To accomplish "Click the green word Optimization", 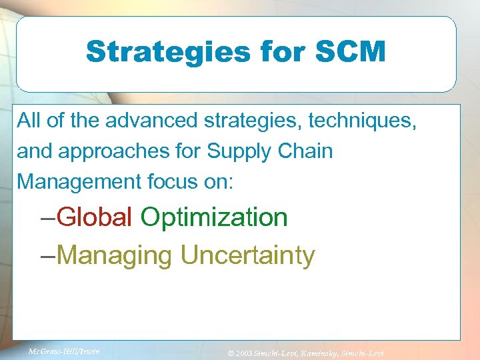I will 214,218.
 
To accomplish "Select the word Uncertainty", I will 247,255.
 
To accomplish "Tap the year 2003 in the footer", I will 243,352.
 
